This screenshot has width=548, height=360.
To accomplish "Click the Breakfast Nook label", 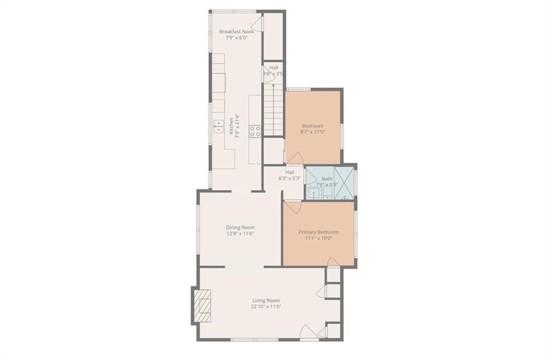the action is pos(237,32).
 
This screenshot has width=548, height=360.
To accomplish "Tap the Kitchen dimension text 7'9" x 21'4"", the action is pos(237,126).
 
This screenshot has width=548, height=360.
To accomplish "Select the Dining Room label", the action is pos(240,227).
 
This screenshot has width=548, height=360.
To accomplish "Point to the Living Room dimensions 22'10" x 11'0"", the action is pos(266,307).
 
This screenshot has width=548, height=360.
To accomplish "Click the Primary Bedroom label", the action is pos(318,232).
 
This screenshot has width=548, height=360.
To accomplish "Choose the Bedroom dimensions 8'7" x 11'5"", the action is pos(313,132).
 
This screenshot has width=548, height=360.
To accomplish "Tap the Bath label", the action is pos(327,179).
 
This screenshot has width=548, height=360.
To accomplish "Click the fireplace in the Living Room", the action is pos(202,306).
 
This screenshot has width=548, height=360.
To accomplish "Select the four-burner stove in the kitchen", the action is pos(255,131).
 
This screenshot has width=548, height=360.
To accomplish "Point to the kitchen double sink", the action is pos(218,126).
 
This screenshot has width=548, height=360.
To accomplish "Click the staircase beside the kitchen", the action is pos(273,109).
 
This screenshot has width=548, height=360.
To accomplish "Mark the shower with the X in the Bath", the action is pos(344,183).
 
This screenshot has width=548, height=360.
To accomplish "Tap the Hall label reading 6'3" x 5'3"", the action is pos(290,175).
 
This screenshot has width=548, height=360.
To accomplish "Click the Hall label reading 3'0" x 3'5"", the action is pos(273,71).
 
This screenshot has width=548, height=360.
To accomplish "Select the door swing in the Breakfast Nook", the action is pos(257,24).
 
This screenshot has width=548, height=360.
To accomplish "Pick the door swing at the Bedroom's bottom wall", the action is pos(295,158).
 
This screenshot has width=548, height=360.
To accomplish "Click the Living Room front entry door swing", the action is pos(309,332).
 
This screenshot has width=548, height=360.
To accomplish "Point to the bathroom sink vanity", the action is pos(314,194).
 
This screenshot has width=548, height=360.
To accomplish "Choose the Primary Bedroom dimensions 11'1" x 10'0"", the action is pos(318,238).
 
